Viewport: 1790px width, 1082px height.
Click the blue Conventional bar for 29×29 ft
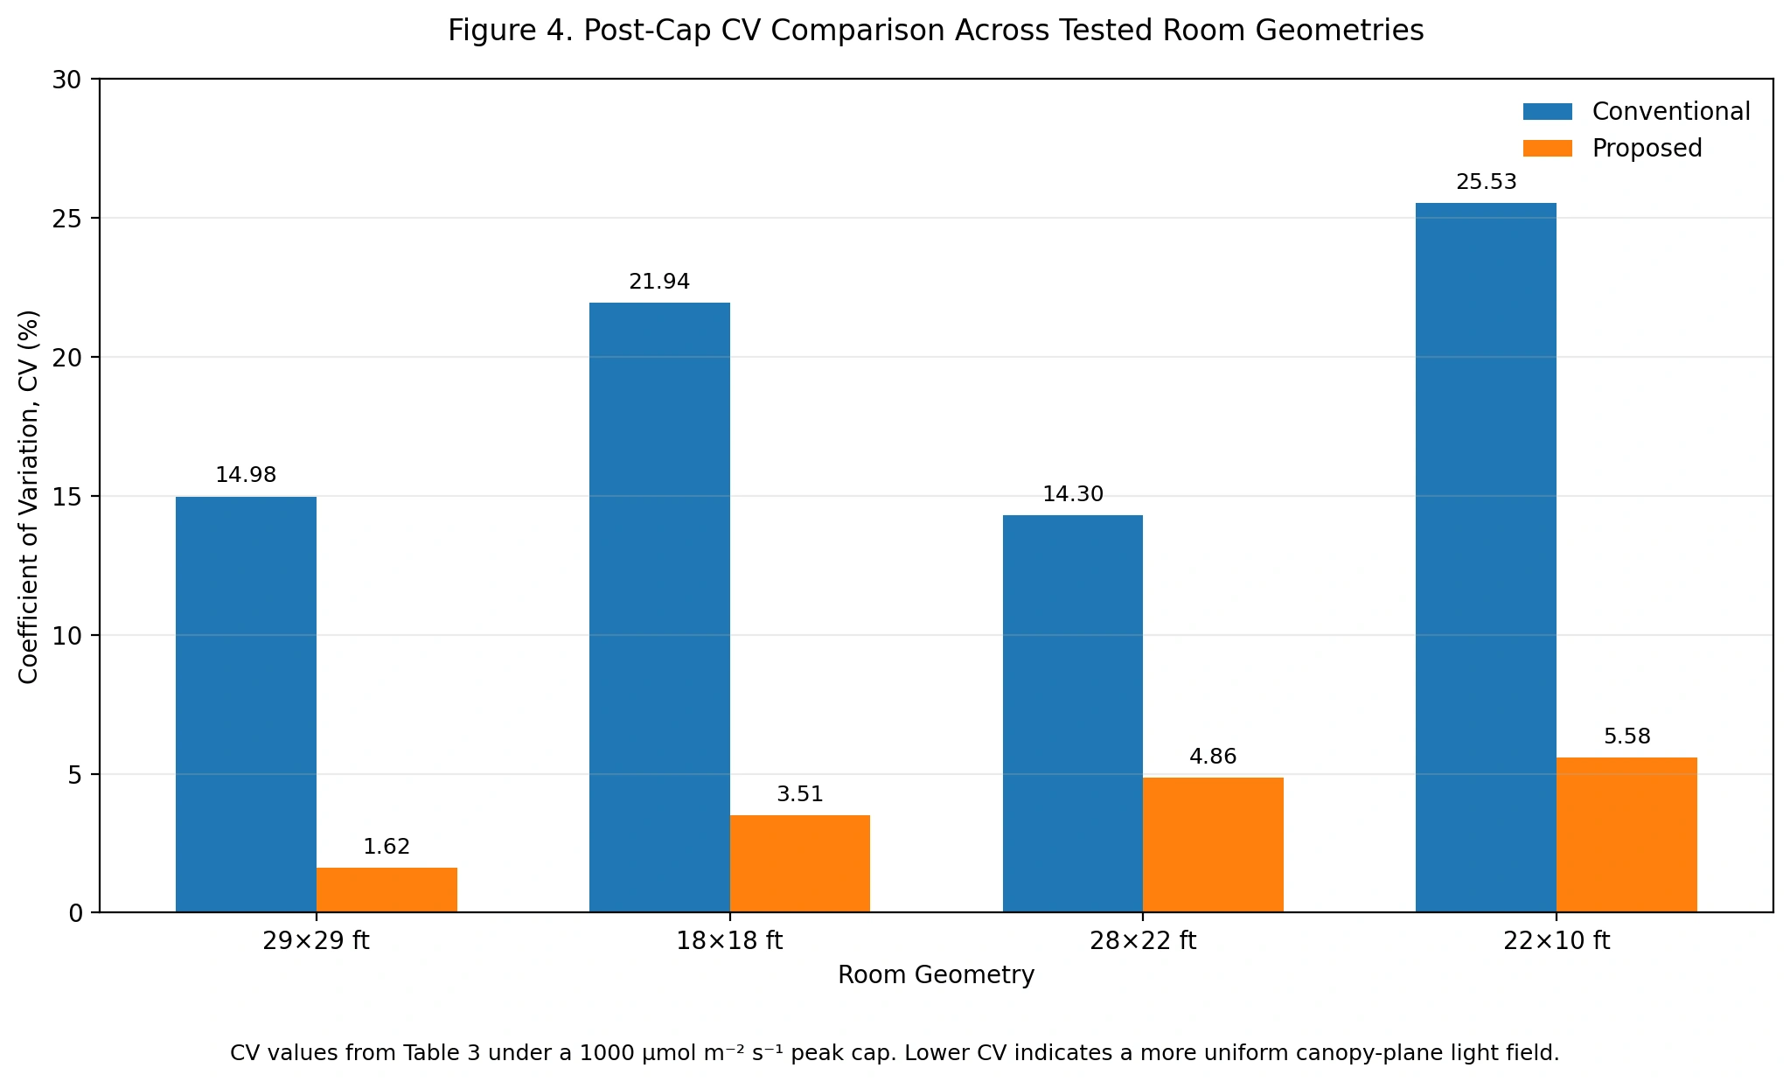pyautogui.click(x=246, y=704)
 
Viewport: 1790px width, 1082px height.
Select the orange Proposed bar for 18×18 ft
pyautogui.click(x=799, y=863)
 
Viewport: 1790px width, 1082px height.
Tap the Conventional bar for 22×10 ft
pyautogui.click(x=1485, y=557)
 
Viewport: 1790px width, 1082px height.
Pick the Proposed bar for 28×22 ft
pyautogui.click(x=1212, y=844)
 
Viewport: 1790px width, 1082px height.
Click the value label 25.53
pyautogui.click(x=1486, y=183)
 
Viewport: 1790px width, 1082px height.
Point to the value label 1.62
pyautogui.click(x=387, y=847)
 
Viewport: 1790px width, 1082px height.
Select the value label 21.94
pyautogui.click(x=659, y=282)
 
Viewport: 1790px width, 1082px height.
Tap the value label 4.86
pyautogui.click(x=1213, y=757)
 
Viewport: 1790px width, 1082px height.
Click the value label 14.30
pyautogui.click(x=1072, y=494)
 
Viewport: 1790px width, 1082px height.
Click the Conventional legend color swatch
pyautogui.click(x=1547, y=112)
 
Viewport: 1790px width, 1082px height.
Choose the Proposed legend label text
pyautogui.click(x=1647, y=149)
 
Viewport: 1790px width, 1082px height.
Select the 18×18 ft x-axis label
pyautogui.click(x=729, y=941)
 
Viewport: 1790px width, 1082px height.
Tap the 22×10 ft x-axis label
pyautogui.click(x=1556, y=941)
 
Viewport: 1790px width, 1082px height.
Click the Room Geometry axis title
pyautogui.click(x=936, y=974)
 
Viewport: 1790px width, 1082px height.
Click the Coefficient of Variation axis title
pyautogui.click(x=29, y=496)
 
